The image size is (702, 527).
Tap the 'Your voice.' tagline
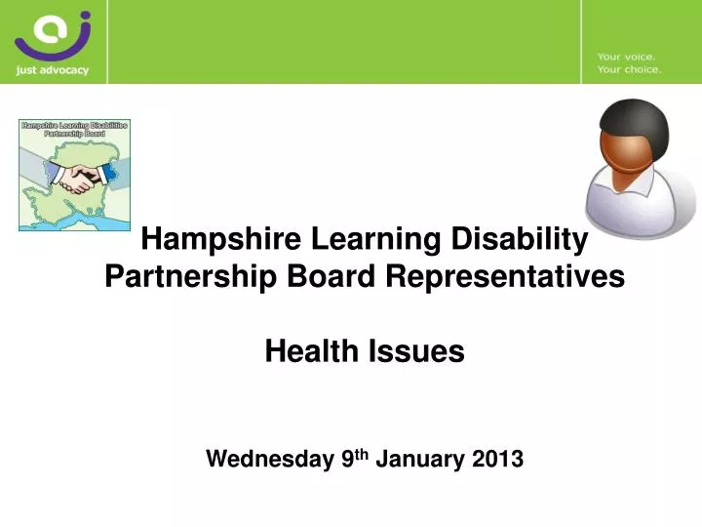627,57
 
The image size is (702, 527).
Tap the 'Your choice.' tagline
629,70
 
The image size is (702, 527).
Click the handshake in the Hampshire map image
76,177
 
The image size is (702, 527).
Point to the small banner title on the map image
75,129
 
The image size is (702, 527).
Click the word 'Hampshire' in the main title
220,238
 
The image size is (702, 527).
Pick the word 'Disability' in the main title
527,238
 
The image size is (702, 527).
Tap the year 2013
496,459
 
